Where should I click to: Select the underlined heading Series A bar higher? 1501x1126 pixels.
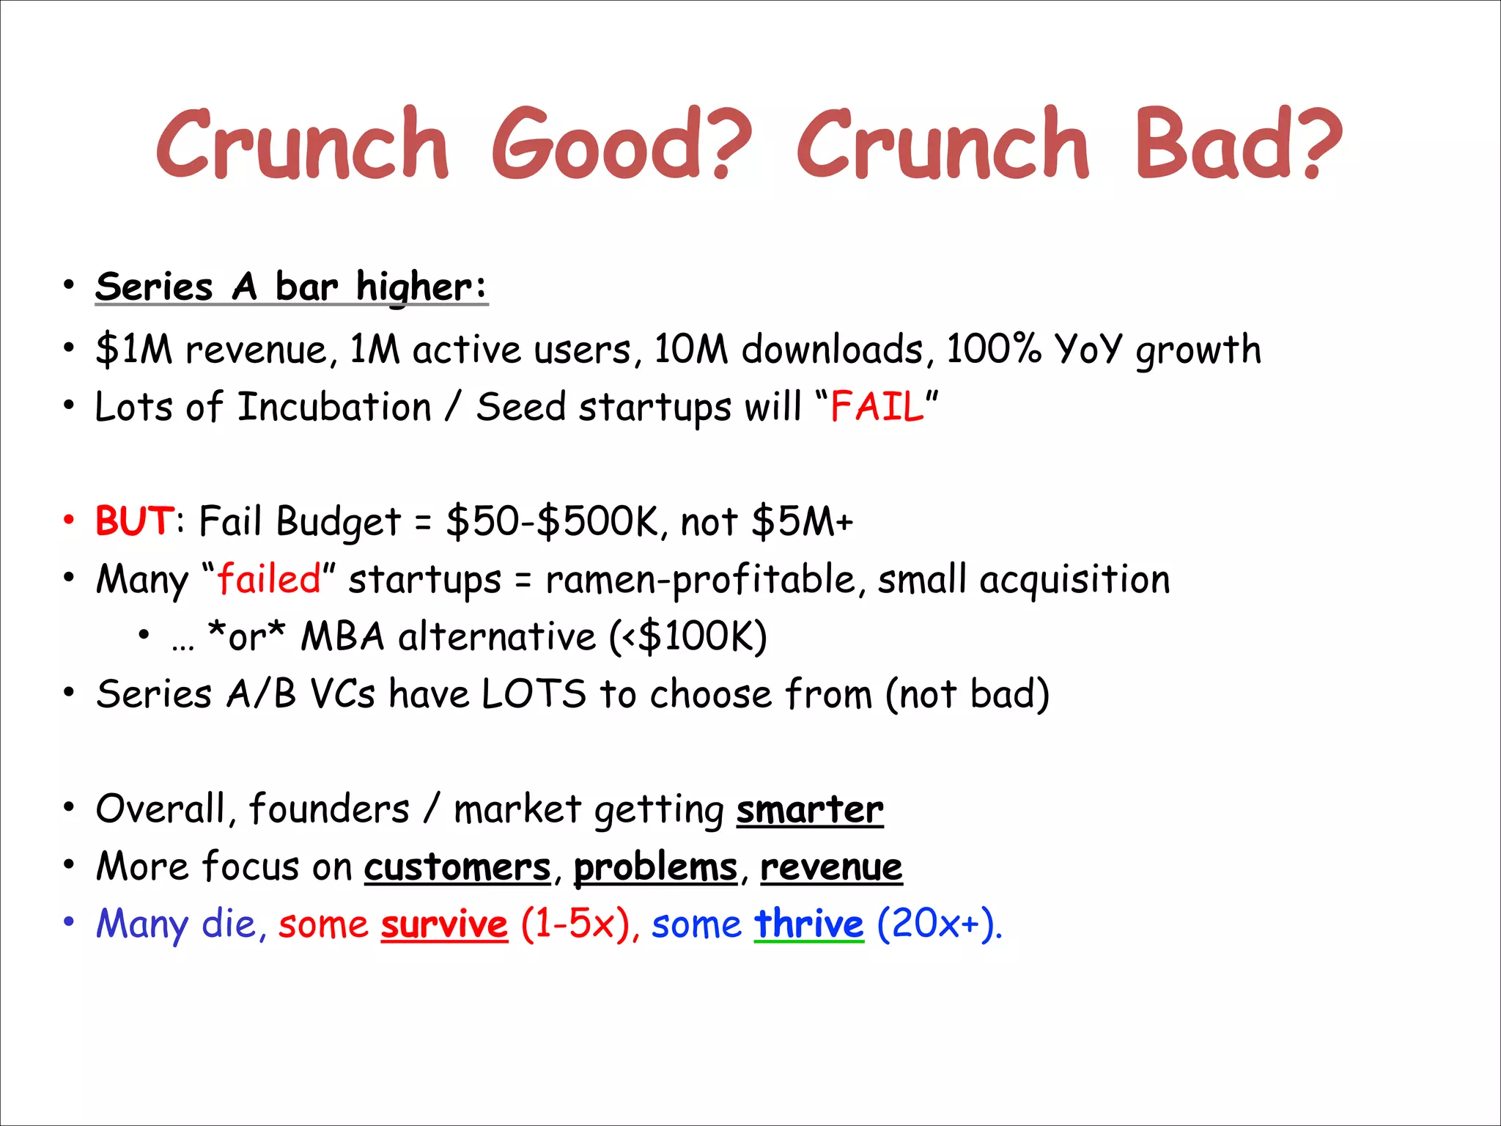click(x=291, y=286)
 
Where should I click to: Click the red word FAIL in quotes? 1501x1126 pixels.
click(x=877, y=407)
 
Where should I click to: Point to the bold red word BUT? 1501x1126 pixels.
click(x=135, y=521)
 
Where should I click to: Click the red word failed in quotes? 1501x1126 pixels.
click(x=269, y=579)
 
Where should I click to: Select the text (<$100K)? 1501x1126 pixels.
click(x=688, y=636)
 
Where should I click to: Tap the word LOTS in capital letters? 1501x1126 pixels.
click(x=534, y=693)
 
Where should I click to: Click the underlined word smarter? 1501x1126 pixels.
click(x=810, y=809)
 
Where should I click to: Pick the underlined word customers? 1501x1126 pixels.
click(x=457, y=867)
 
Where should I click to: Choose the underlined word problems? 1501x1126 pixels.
click(x=655, y=867)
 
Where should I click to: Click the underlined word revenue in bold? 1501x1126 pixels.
click(x=831, y=867)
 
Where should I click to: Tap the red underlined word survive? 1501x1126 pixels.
click(x=444, y=924)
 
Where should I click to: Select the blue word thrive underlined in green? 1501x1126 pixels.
click(x=809, y=924)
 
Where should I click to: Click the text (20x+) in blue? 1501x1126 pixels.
click(x=938, y=924)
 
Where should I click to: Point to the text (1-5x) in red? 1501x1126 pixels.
click(x=575, y=924)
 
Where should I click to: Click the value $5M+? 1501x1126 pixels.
click(x=802, y=521)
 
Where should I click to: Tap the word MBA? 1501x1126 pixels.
click(x=342, y=636)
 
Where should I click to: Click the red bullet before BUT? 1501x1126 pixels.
click(x=69, y=520)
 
